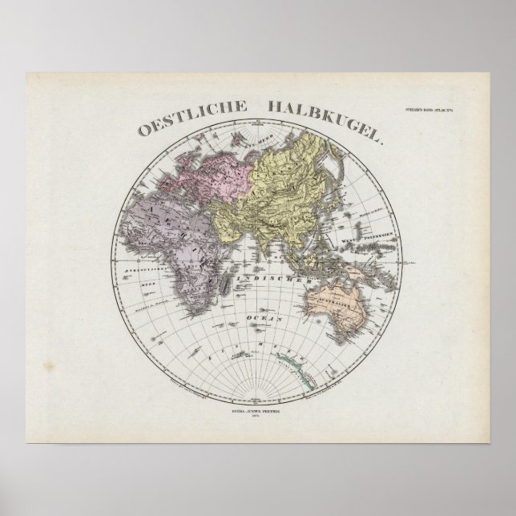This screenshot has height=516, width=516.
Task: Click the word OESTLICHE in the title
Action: click(x=187, y=130)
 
